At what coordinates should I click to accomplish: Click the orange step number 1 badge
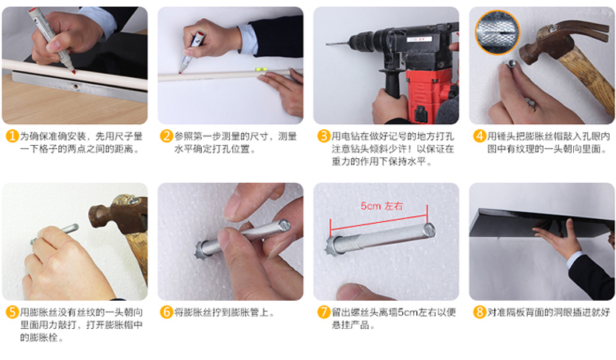[12, 136]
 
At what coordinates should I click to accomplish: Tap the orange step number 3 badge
[324, 136]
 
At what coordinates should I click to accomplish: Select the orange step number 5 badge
[12, 312]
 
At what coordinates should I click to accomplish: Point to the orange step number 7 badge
[324, 312]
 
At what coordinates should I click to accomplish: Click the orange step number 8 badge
[480, 312]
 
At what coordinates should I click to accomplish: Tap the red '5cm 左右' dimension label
[381, 206]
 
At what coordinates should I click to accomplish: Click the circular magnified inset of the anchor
[497, 32]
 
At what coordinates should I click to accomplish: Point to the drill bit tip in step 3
[327, 44]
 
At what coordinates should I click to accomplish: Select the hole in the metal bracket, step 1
[75, 86]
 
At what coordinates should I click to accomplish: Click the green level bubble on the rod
[261, 69]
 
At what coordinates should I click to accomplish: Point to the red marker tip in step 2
[180, 72]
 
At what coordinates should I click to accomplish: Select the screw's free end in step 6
[284, 225]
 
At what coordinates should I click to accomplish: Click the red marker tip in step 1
[73, 72]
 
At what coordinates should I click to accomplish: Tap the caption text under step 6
[225, 312]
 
